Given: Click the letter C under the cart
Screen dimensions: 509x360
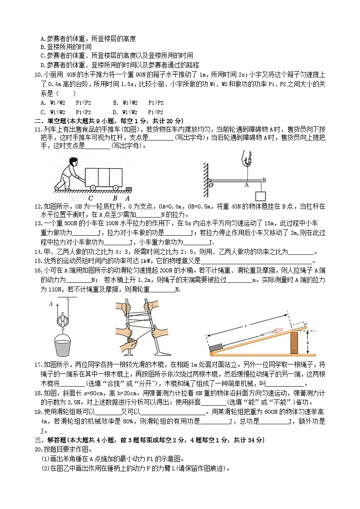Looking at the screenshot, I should click(91, 198).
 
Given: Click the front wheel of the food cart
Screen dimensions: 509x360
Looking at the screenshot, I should click(117, 187).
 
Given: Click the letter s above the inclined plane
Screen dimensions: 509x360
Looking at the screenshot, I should click(245, 326).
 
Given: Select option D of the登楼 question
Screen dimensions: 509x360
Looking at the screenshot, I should click(43, 65).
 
